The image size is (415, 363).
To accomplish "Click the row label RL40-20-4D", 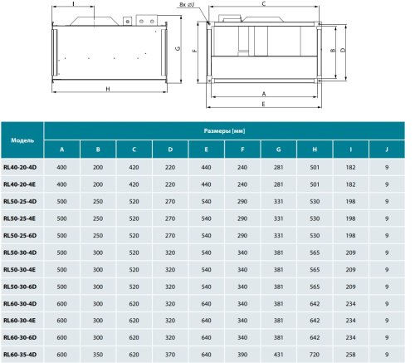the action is click(20, 167).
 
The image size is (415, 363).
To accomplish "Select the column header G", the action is click(278, 150).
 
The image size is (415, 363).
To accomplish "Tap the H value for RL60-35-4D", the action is click(315, 355).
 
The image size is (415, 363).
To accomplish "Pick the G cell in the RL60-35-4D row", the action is click(278, 355).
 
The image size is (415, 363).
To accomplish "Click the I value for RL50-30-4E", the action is click(350, 269).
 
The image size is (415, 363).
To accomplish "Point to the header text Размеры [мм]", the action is click(224, 131).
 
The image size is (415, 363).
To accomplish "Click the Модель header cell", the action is click(22, 140).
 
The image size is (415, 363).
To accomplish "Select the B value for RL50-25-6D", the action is click(98, 235).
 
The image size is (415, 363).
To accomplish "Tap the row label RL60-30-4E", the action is click(19, 321).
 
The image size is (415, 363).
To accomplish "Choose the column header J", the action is click(387, 150).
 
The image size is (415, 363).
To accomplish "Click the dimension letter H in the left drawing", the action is click(108, 89).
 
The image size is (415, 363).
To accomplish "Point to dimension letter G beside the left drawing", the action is click(178, 48).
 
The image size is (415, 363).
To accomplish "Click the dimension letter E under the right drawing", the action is click(263, 104).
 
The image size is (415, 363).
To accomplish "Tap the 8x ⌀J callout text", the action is click(187, 5).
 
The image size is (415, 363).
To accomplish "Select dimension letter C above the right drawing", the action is click(264, 3).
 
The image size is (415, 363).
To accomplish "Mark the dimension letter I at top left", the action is click(73, 3).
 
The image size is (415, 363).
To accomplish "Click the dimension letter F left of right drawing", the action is click(194, 51).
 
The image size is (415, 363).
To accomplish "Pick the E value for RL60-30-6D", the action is click(206, 337).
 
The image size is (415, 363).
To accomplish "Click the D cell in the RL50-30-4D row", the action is click(170, 253).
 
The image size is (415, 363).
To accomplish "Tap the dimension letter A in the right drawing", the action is click(264, 94).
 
